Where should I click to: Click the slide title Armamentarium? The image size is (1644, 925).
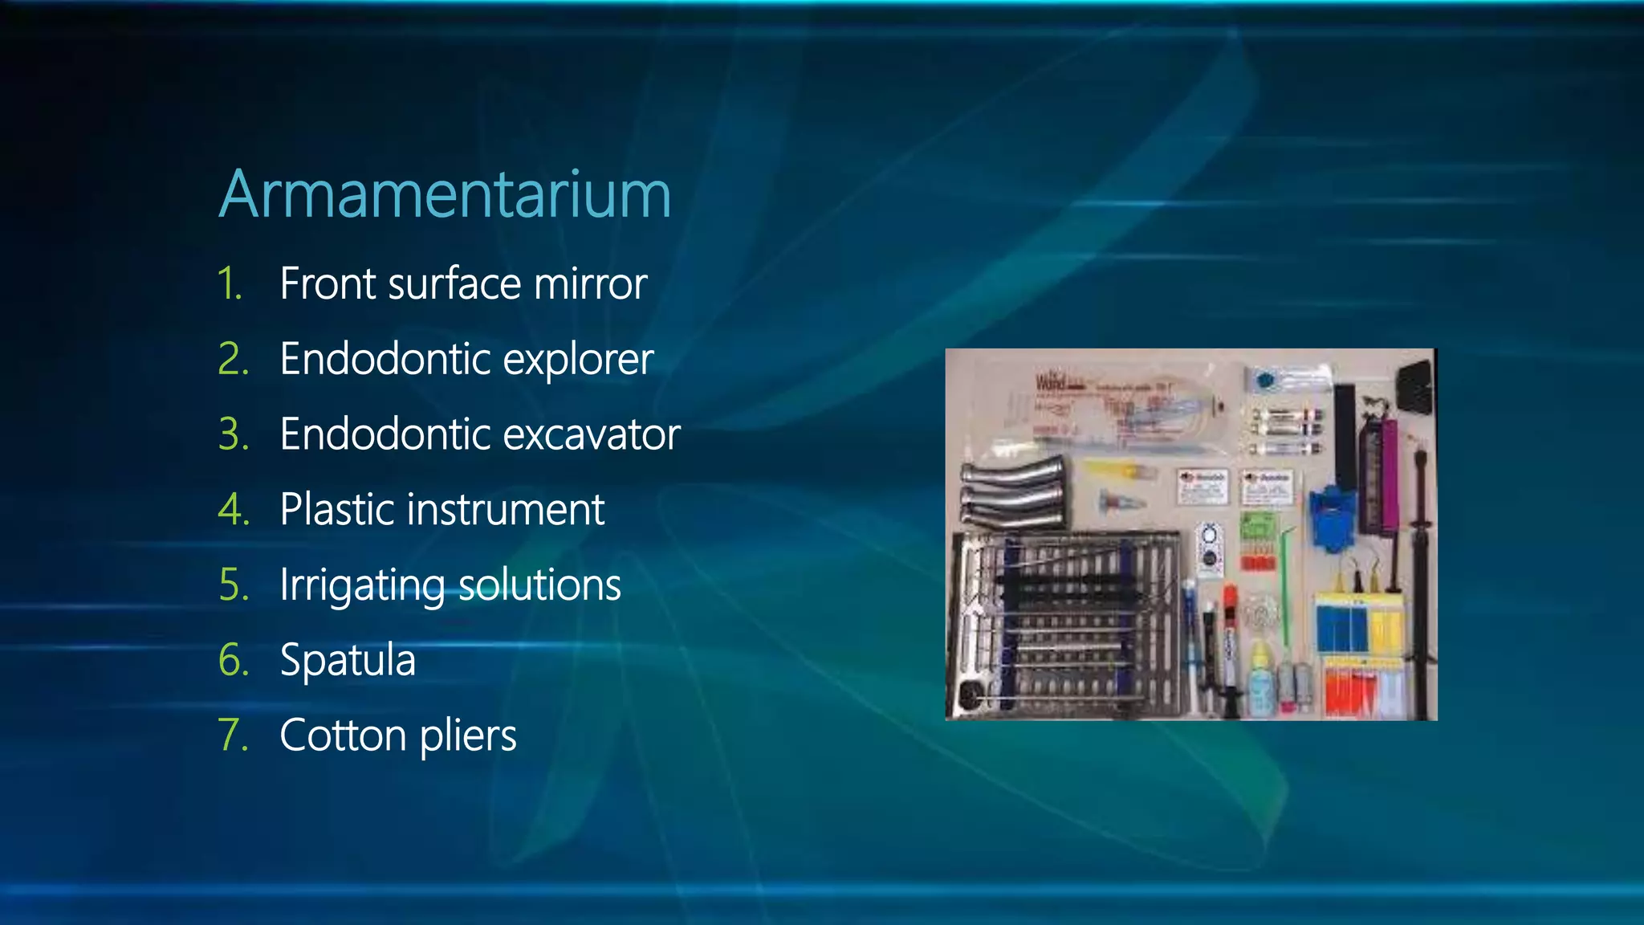point(445,194)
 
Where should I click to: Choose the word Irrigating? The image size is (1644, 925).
point(360,585)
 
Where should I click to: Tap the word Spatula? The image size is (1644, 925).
point(348,660)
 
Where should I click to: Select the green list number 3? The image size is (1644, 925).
point(234,434)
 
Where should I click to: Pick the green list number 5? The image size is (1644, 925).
point(234,585)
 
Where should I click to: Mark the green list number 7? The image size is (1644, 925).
point(234,736)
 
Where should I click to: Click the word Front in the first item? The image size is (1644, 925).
point(327,283)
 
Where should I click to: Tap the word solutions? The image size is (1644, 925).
point(539,585)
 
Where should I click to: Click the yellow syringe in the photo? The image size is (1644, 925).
point(1120,470)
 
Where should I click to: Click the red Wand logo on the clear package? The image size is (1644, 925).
point(1050,382)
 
